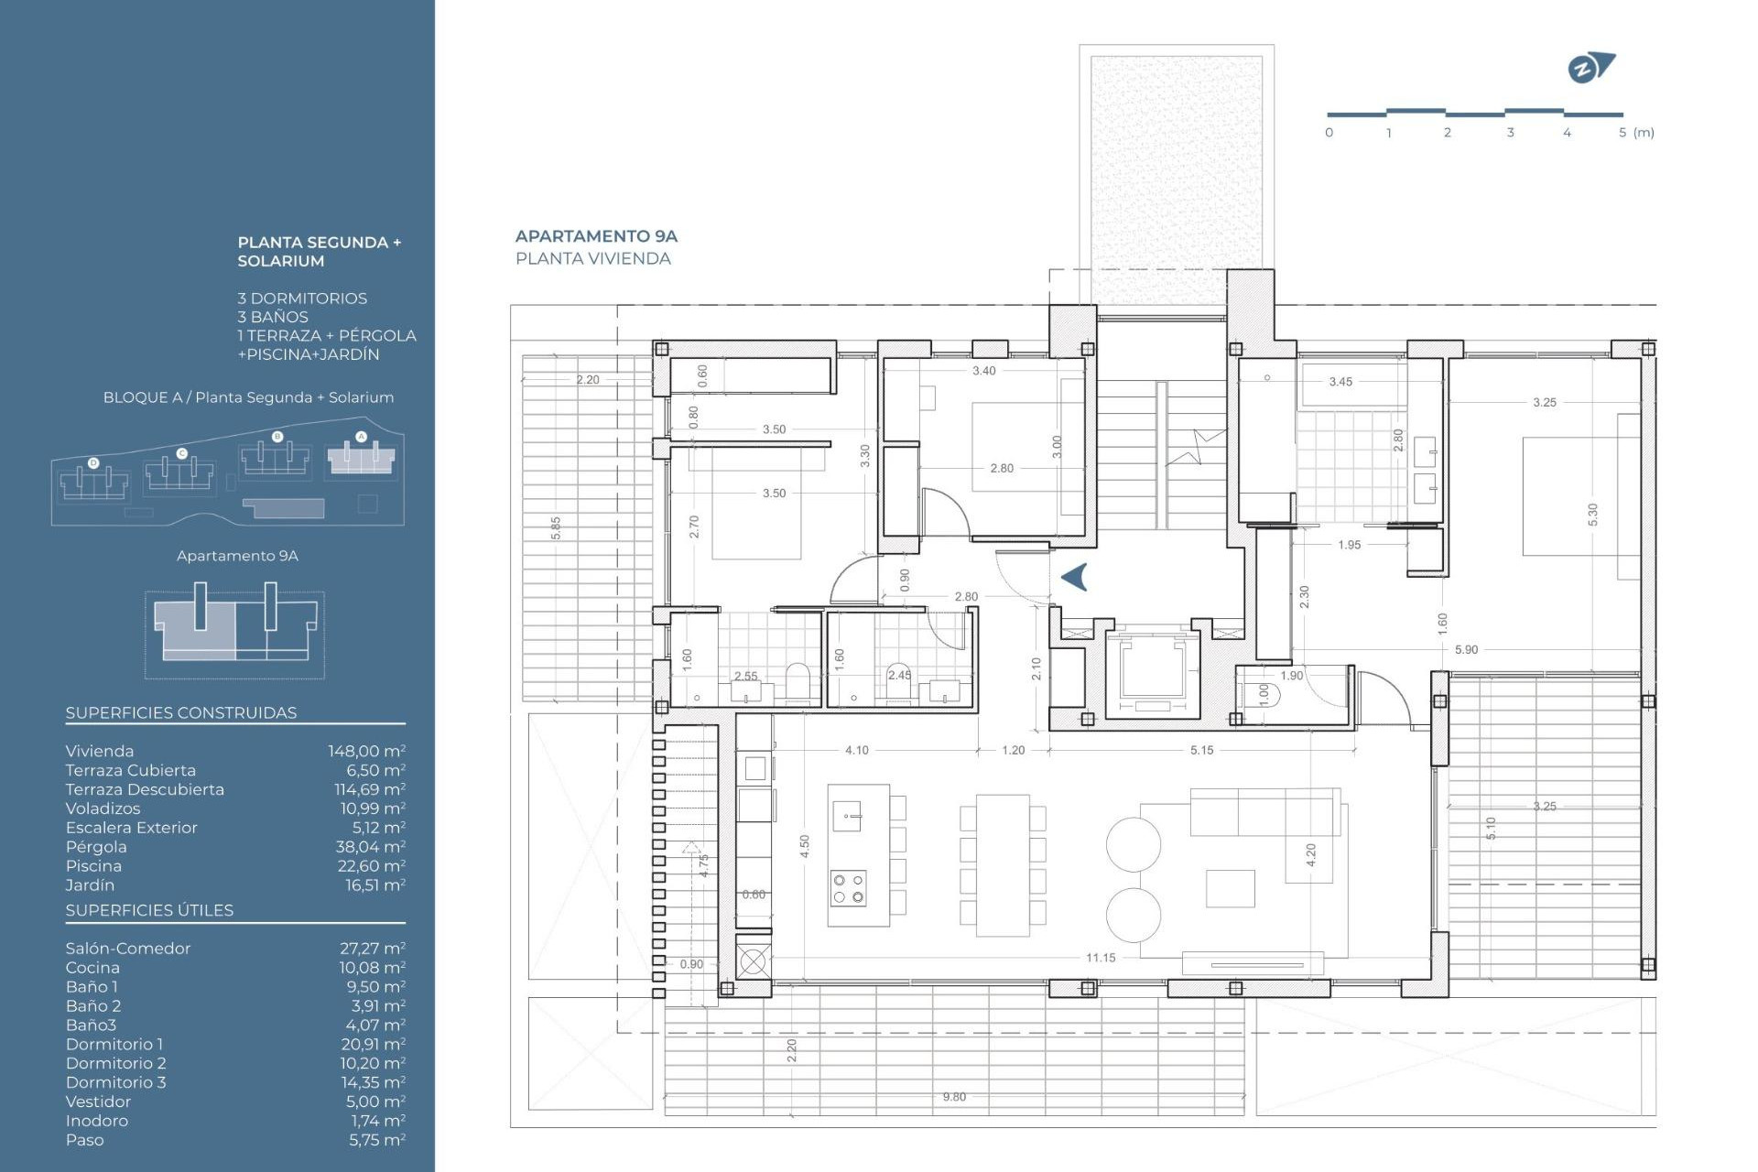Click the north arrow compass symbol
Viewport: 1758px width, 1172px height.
pyautogui.click(x=1590, y=69)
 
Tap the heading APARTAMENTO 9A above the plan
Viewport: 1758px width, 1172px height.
pyautogui.click(x=596, y=236)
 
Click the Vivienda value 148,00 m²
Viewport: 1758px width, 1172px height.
pyautogui.click(x=366, y=751)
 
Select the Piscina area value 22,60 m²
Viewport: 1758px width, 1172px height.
pyautogui.click(x=370, y=866)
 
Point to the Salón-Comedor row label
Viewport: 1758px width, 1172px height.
pyautogui.click(x=128, y=949)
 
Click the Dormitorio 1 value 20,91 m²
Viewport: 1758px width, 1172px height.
pyautogui.click(x=372, y=1044)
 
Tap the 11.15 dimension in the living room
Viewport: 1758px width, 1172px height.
pyautogui.click(x=1100, y=958)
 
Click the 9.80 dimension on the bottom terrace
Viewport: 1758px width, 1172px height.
pyautogui.click(x=954, y=1097)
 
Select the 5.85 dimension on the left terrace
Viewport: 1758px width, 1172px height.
pyautogui.click(x=556, y=528)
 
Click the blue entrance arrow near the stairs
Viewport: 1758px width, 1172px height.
pyautogui.click(x=1074, y=577)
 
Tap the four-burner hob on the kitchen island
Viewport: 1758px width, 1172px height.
pyautogui.click(x=848, y=888)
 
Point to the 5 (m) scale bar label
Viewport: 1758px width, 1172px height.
pyautogui.click(x=1635, y=133)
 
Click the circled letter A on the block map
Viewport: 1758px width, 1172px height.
pyautogui.click(x=361, y=437)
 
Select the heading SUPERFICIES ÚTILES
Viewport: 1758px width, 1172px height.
pyautogui.click(x=149, y=910)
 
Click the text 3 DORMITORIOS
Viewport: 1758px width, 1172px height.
pyautogui.click(x=302, y=298)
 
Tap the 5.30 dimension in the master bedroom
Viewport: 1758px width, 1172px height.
pyautogui.click(x=1592, y=515)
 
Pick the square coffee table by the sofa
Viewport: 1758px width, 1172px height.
pyautogui.click(x=1230, y=888)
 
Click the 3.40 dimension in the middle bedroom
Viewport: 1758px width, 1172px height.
pyautogui.click(x=983, y=371)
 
